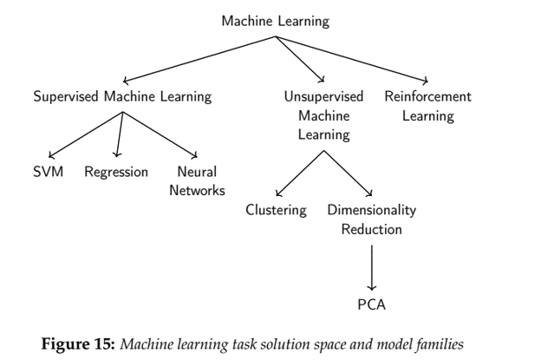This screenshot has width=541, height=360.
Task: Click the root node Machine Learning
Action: [275, 20]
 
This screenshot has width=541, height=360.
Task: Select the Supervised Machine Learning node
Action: [122, 96]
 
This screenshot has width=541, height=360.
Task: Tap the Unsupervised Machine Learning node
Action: [323, 115]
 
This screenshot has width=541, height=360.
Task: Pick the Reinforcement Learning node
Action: [427, 105]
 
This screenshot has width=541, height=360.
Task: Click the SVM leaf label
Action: [48, 172]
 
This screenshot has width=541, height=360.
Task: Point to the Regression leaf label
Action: [116, 172]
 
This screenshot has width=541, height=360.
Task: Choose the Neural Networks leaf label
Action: [197, 180]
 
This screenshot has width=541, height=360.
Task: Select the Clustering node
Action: [276, 210]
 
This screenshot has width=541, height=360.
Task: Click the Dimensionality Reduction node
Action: [371, 219]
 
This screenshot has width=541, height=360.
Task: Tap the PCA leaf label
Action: [371, 304]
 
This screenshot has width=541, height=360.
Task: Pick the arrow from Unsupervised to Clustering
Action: [300, 175]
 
